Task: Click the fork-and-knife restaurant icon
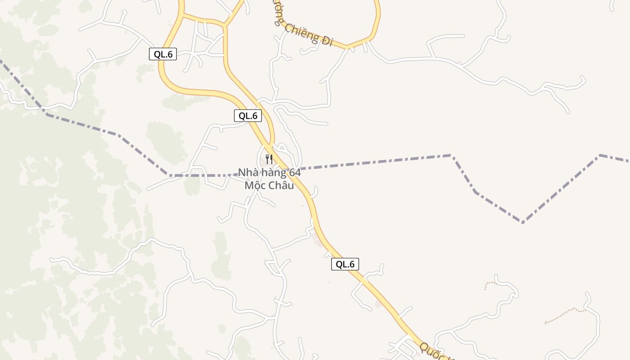click(269, 159)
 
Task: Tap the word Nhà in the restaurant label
click(248, 172)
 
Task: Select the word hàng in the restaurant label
click(275, 172)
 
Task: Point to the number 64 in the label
click(295, 172)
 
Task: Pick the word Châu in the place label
click(281, 185)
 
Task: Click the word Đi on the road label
click(327, 40)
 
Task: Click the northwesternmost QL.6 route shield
click(163, 54)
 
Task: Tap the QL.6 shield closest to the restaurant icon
click(248, 116)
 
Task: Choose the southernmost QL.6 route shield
click(345, 264)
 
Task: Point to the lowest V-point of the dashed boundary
click(522, 222)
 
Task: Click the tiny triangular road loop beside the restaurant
click(282, 147)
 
